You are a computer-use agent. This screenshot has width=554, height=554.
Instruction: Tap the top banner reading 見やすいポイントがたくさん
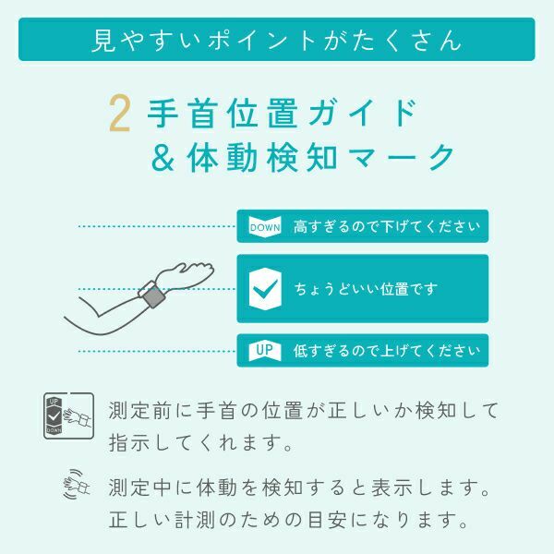(277, 40)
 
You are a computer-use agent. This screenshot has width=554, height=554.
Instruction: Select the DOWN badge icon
(265, 226)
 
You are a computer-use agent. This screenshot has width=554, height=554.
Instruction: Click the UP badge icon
(265, 350)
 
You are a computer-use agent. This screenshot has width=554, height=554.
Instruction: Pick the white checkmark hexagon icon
(266, 288)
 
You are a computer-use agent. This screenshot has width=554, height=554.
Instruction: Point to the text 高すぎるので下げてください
(386, 226)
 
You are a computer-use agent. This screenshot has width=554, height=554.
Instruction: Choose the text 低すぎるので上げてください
(386, 351)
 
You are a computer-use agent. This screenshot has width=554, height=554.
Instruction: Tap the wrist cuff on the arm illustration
(151, 294)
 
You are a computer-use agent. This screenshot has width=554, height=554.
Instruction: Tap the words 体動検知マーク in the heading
(319, 158)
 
